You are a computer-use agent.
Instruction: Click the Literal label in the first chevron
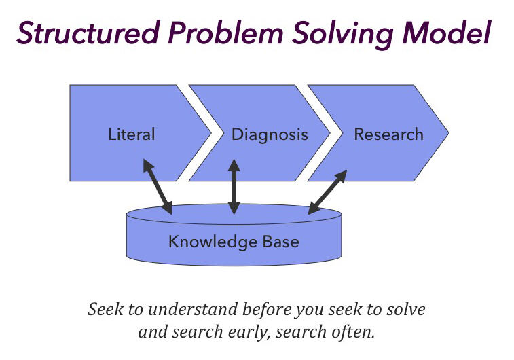[132, 134]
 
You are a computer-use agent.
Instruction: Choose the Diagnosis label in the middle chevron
[270, 134]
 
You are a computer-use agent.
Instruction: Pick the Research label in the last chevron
[388, 134]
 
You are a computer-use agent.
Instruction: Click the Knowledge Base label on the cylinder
[234, 241]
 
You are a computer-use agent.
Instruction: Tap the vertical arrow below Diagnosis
[234, 187]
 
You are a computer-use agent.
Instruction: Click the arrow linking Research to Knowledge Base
[327, 192]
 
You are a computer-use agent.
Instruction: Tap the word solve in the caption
[406, 310]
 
